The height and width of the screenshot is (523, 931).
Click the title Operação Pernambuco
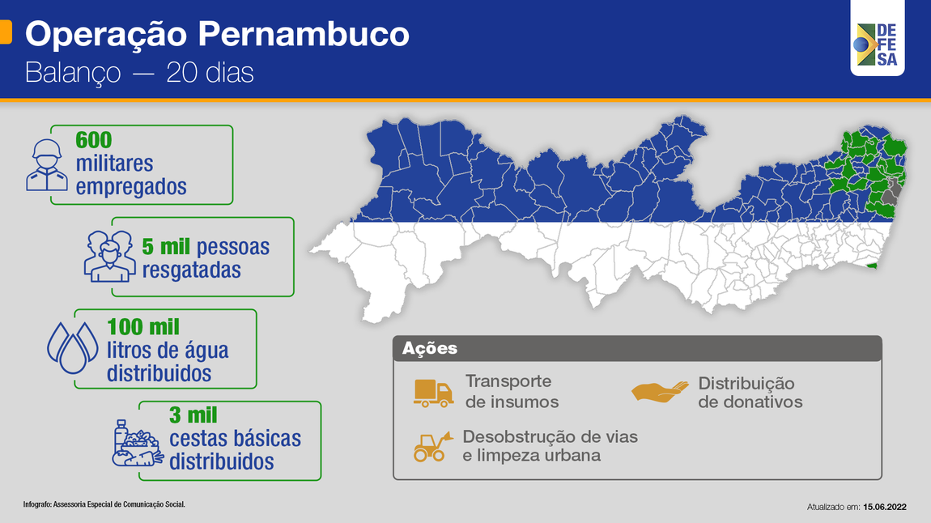[217, 35]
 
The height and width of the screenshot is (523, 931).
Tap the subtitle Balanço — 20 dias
[139, 73]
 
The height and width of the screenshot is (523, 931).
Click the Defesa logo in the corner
[878, 45]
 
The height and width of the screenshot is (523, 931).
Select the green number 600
[93, 140]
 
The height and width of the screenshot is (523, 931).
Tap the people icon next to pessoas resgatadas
[108, 255]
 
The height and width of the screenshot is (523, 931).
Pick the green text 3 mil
[193, 415]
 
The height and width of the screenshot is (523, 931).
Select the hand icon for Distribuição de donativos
[660, 392]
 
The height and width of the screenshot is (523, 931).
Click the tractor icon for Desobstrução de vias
[431, 446]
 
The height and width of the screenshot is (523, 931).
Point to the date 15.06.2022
[884, 507]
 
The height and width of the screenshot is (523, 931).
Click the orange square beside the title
[5, 32]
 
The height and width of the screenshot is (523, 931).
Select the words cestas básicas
[235, 439]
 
